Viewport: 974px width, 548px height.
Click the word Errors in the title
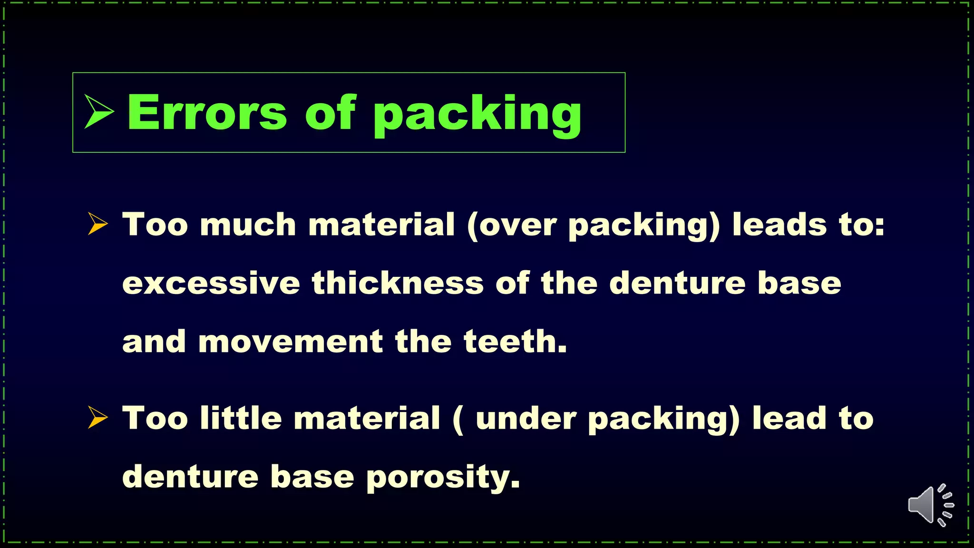[x=207, y=112]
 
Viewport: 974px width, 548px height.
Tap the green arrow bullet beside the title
[x=99, y=112]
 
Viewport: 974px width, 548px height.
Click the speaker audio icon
[x=930, y=505]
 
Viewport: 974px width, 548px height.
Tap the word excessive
[x=211, y=283]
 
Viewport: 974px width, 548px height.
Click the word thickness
[x=398, y=283]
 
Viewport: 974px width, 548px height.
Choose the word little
[x=241, y=418]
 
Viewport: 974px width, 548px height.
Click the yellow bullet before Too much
[x=97, y=224]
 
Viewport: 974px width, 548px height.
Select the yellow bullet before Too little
[x=97, y=418]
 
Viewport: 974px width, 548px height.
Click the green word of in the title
[x=330, y=112]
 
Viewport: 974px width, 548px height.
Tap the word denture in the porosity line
[x=190, y=477]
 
